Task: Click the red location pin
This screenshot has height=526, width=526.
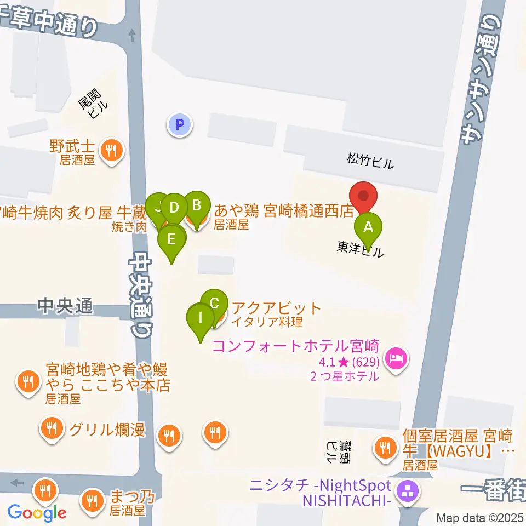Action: [x=363, y=197]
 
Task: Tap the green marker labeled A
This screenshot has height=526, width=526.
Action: [x=368, y=226]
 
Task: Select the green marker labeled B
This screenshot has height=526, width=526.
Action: [x=197, y=207]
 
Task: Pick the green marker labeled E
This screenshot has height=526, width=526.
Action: [x=172, y=240]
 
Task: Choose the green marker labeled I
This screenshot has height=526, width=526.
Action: [x=201, y=318]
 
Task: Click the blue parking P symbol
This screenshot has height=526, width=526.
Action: [x=180, y=124]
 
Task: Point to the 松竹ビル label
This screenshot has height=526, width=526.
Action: [x=370, y=161]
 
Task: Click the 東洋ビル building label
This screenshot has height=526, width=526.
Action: [x=360, y=249]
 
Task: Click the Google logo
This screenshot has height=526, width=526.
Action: [x=37, y=513]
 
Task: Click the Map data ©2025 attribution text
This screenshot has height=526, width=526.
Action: [x=480, y=518]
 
